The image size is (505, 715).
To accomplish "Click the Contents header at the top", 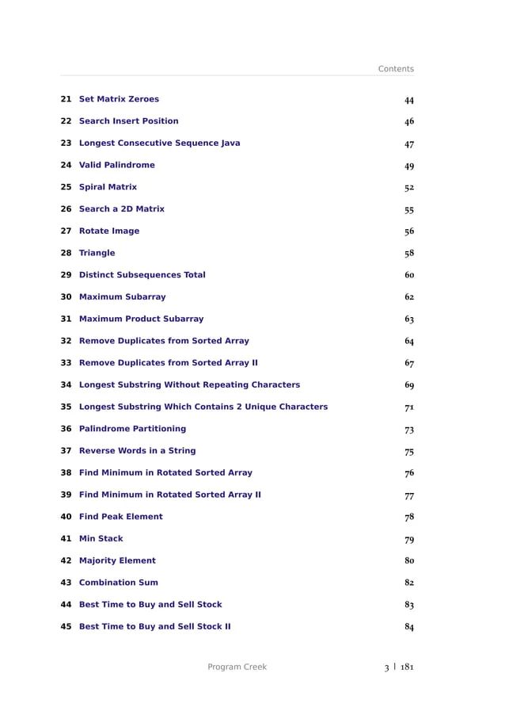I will [396, 69].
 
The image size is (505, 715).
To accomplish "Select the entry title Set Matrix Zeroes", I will [119, 99].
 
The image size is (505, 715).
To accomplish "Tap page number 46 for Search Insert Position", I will [409, 122].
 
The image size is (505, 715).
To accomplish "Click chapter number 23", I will [66, 143].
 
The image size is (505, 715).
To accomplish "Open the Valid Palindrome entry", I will [117, 165].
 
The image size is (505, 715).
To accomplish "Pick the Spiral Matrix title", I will [108, 187].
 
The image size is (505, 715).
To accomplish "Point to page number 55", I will [409, 210].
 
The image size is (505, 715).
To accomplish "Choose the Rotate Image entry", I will [109, 231].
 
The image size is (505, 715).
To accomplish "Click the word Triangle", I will [97, 253].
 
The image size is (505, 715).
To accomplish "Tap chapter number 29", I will [66, 275].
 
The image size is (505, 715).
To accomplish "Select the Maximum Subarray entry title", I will [123, 297].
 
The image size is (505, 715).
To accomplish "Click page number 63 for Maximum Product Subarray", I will [409, 319].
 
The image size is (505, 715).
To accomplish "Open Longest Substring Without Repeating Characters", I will [189, 385].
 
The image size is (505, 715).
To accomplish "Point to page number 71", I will [409, 407].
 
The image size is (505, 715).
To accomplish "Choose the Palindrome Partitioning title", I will [132, 429].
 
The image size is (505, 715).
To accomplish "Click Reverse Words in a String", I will [138, 451].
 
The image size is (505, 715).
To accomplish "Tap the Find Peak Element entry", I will [121, 517].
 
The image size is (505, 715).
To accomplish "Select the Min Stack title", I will [101, 539].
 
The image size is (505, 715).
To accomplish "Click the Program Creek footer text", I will [237, 667].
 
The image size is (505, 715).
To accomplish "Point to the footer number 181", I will [406, 667].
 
